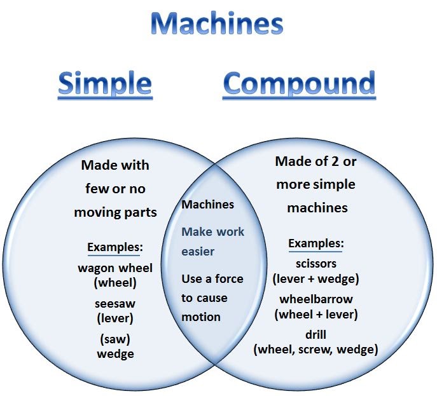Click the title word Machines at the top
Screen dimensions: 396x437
(217, 24)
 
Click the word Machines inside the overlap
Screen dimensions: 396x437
(207, 205)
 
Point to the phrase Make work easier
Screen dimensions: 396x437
(212, 242)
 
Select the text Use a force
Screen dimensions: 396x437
(212, 278)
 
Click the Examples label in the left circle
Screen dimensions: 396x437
(115, 247)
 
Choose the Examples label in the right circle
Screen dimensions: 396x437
(316, 243)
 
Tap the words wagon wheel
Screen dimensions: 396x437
(115, 268)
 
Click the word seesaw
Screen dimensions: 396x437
(115, 303)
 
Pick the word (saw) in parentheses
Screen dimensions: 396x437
(115, 339)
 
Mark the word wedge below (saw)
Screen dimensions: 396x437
(115, 353)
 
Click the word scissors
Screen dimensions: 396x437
(316, 263)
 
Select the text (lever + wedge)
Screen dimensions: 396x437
(316, 278)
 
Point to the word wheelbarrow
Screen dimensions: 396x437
(316, 299)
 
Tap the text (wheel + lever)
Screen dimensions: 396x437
(316, 314)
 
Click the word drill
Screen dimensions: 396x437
(316, 334)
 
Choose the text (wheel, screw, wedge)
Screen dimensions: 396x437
(316, 349)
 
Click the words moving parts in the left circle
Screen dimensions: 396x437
(115, 212)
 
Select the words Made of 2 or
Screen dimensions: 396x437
(316, 161)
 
